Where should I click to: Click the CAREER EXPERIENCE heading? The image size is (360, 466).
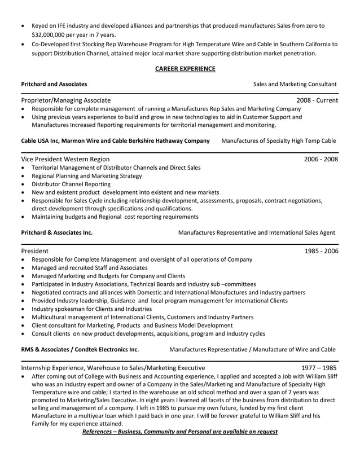pyautogui.click(x=185, y=69)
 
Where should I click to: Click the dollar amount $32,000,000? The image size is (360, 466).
pyautogui.click(x=50, y=34)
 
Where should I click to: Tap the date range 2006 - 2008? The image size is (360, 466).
pyautogui.click(x=321, y=159)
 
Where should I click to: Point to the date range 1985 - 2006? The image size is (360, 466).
pyautogui.click(x=321, y=250)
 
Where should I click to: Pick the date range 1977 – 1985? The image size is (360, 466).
pyautogui.click(x=319, y=367)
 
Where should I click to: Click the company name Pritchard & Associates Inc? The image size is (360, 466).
pyautogui.click(x=56, y=232)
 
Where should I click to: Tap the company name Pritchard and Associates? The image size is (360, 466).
pyautogui.click(x=54, y=83)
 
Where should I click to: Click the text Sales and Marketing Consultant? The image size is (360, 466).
pyautogui.click(x=295, y=83)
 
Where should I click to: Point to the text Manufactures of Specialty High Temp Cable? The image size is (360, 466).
pyautogui.click(x=278, y=140)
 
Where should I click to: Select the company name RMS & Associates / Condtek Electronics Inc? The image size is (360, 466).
pyautogui.click(x=80, y=349)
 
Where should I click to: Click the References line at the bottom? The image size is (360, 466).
pyautogui.click(x=179, y=432)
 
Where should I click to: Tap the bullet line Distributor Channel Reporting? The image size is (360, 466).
pyautogui.click(x=71, y=184)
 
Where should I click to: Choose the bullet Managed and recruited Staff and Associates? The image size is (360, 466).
pyautogui.click(x=89, y=267)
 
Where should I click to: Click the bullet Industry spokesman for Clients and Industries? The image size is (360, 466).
pyautogui.click(x=91, y=309)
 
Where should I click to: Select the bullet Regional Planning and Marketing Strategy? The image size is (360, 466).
pyautogui.click(x=87, y=176)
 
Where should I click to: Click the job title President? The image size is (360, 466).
pyautogui.click(x=34, y=250)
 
